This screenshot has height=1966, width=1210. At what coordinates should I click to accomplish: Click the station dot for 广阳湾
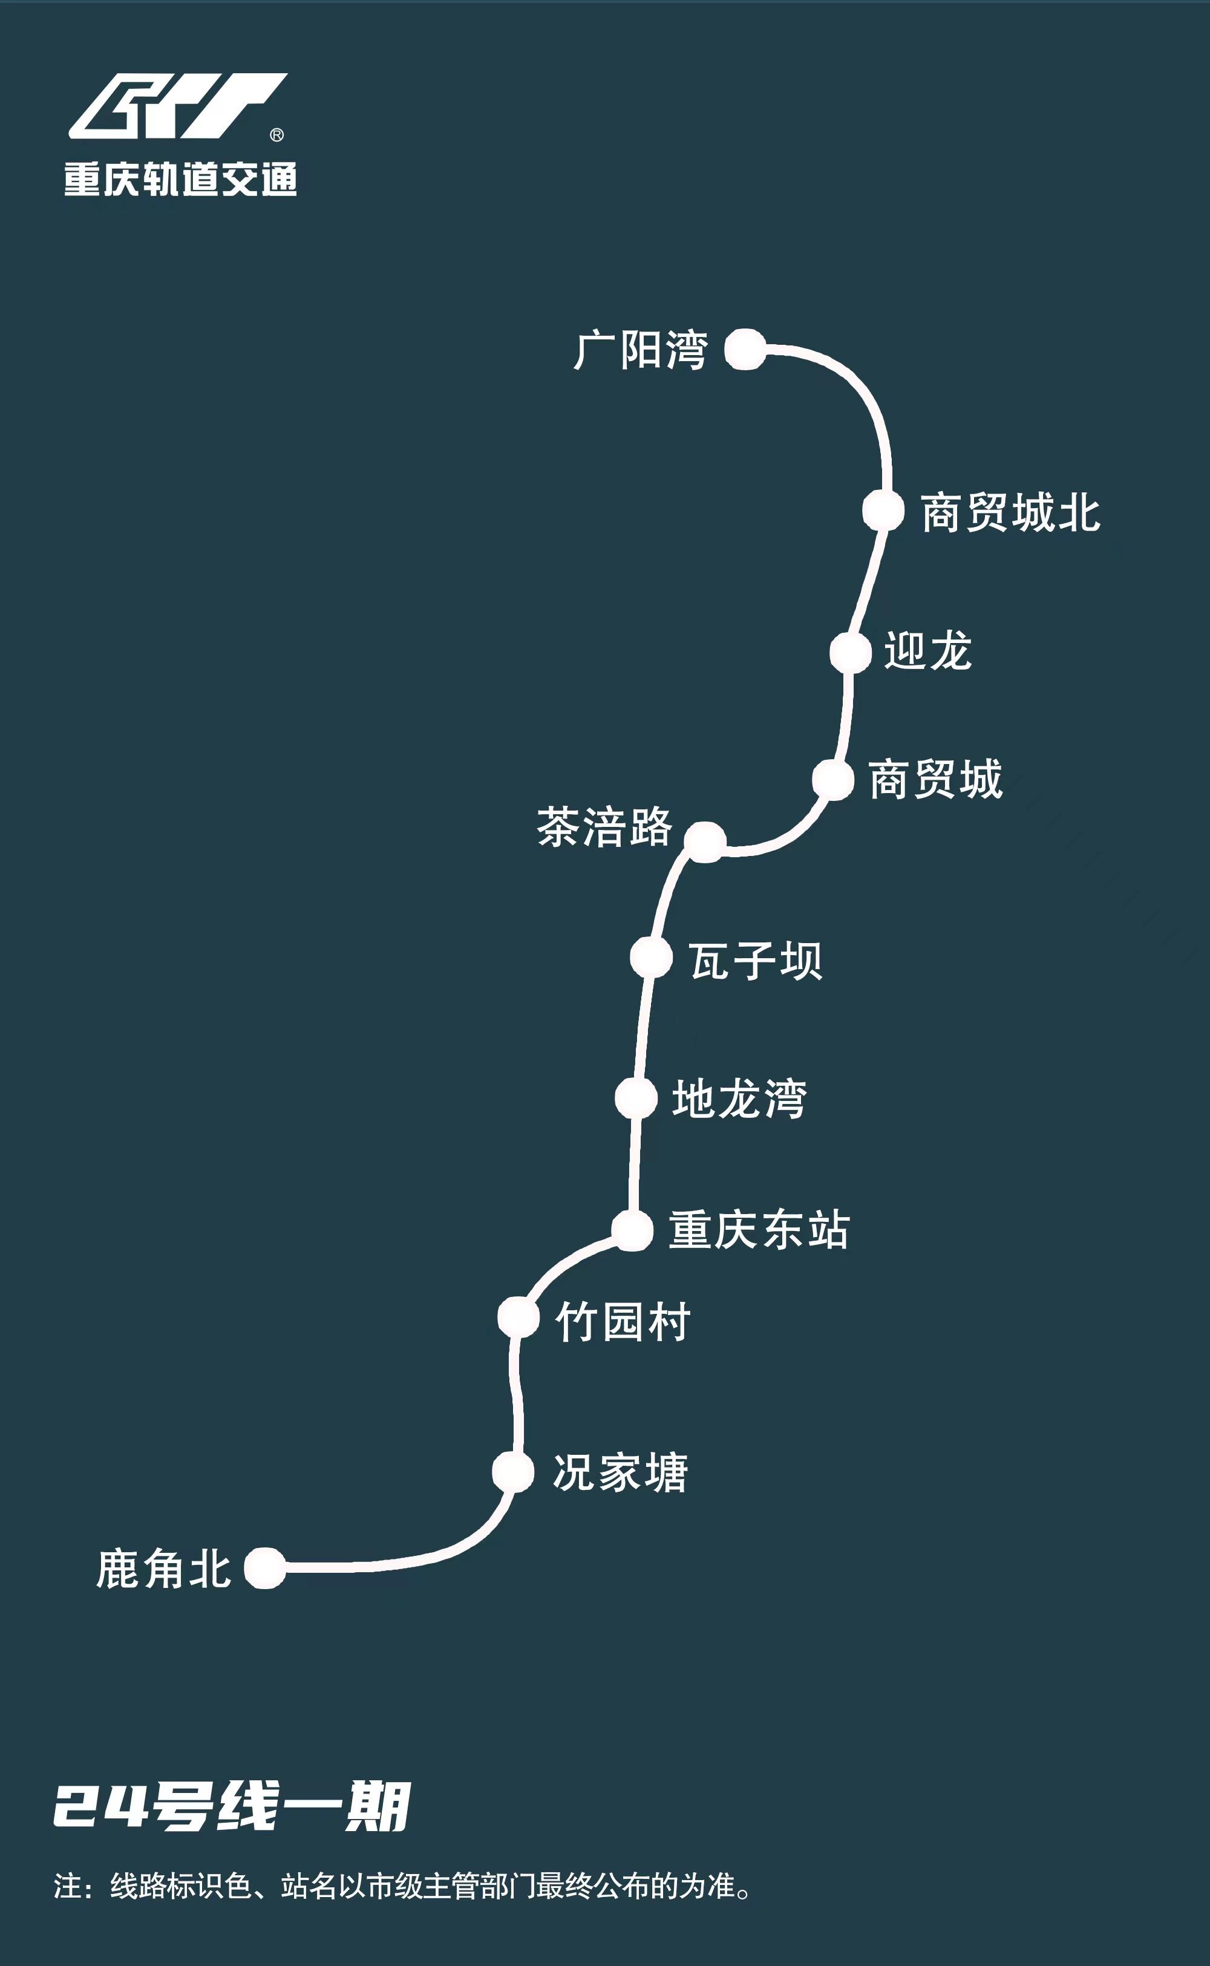coord(745,349)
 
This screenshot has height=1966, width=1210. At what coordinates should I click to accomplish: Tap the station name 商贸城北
coord(1011,513)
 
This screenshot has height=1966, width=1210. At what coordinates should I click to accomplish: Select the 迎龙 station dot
coord(850,653)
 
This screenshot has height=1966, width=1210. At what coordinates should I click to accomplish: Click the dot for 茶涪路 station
coord(705,842)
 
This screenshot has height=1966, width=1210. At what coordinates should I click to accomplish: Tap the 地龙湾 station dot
coord(636,1098)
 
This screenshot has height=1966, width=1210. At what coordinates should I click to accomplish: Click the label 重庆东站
coord(759,1230)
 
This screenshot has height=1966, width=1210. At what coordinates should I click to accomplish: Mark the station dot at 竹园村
coord(518,1317)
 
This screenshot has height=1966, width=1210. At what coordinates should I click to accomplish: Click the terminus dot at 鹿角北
coord(265,1567)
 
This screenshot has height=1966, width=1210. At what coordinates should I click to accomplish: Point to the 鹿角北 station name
coord(164,1569)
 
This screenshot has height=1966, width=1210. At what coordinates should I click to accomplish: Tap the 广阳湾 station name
coord(640,350)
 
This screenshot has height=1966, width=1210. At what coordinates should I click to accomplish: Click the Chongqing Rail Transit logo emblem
coord(178,106)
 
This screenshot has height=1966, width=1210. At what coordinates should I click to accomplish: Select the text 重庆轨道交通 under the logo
coord(181,178)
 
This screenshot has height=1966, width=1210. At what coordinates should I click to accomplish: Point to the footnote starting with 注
coord(402,1886)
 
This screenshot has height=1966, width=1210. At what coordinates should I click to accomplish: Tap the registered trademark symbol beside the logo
coord(277,136)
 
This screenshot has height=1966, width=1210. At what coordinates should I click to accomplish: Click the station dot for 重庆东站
coord(633,1230)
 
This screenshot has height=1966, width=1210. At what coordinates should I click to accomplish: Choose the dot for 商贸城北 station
coord(883,510)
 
